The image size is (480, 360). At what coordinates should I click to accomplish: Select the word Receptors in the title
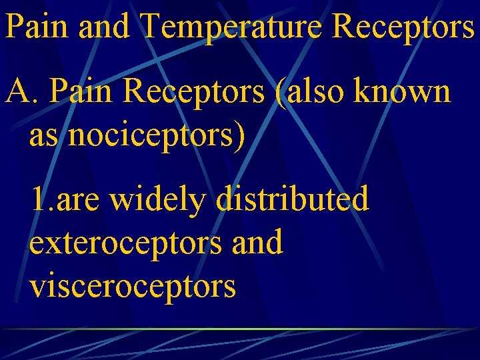(x=403, y=27)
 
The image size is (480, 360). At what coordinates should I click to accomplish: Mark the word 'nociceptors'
(x=152, y=135)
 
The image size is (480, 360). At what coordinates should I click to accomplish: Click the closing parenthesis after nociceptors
(x=239, y=135)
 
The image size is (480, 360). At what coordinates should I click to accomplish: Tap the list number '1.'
(x=43, y=199)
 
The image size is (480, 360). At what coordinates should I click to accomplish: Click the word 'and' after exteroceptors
(x=257, y=242)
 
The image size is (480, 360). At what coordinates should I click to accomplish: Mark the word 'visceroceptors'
(x=133, y=285)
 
